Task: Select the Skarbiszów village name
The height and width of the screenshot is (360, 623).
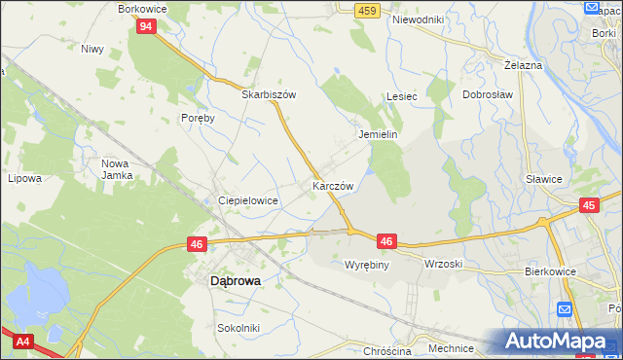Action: [x=269, y=95]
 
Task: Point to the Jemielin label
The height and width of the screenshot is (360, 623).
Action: [x=379, y=135]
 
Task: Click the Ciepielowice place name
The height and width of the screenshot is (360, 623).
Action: [x=248, y=199]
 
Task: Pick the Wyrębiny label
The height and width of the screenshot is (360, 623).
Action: [x=367, y=264]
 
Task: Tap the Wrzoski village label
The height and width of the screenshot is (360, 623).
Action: [x=443, y=264]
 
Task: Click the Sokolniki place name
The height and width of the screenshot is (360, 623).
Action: [x=238, y=328]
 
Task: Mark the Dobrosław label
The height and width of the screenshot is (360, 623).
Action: [x=487, y=95]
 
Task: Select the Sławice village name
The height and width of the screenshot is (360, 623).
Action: [x=544, y=179]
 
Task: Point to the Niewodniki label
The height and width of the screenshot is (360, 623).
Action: [x=418, y=19]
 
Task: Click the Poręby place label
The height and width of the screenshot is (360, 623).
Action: [x=197, y=116]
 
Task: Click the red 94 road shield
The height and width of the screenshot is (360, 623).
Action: [x=145, y=26]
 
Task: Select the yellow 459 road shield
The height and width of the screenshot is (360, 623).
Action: [x=366, y=10]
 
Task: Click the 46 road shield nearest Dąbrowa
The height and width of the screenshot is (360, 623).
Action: [x=198, y=245]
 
